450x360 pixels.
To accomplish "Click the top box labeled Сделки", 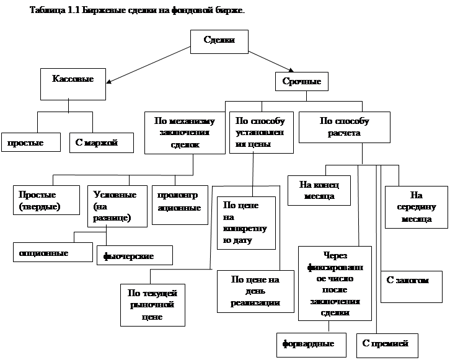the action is coord(219,42).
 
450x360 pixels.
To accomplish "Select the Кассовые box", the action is coord(73,84).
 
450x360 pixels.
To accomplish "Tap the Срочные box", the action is coord(302,81).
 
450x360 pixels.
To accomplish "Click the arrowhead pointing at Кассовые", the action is coord(108,82).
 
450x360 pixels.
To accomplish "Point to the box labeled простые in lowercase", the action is coord(31,142).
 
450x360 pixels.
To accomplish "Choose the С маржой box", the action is coord(102,143).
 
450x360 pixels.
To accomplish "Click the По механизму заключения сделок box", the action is coord(185,133).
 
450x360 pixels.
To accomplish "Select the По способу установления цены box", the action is coord(262,133).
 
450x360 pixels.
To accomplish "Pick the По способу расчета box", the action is coord(345,127).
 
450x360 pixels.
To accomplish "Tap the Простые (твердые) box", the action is coord(46,200).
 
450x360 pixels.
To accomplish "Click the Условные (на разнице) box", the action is coord(117,206).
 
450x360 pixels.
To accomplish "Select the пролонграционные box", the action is coord(180,205).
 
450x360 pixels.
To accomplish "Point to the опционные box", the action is coord(53,252).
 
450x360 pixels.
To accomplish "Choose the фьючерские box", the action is coord(135,255).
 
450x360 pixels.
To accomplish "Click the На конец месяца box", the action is coord(319,190).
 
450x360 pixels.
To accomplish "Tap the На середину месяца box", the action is coord(417,207).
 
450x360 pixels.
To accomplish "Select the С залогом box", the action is coord(412,286).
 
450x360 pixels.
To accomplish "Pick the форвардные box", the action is coord(311,345).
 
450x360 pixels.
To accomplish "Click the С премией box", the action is coord(387,345).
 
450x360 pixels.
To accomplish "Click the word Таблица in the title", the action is coord(47,11).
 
